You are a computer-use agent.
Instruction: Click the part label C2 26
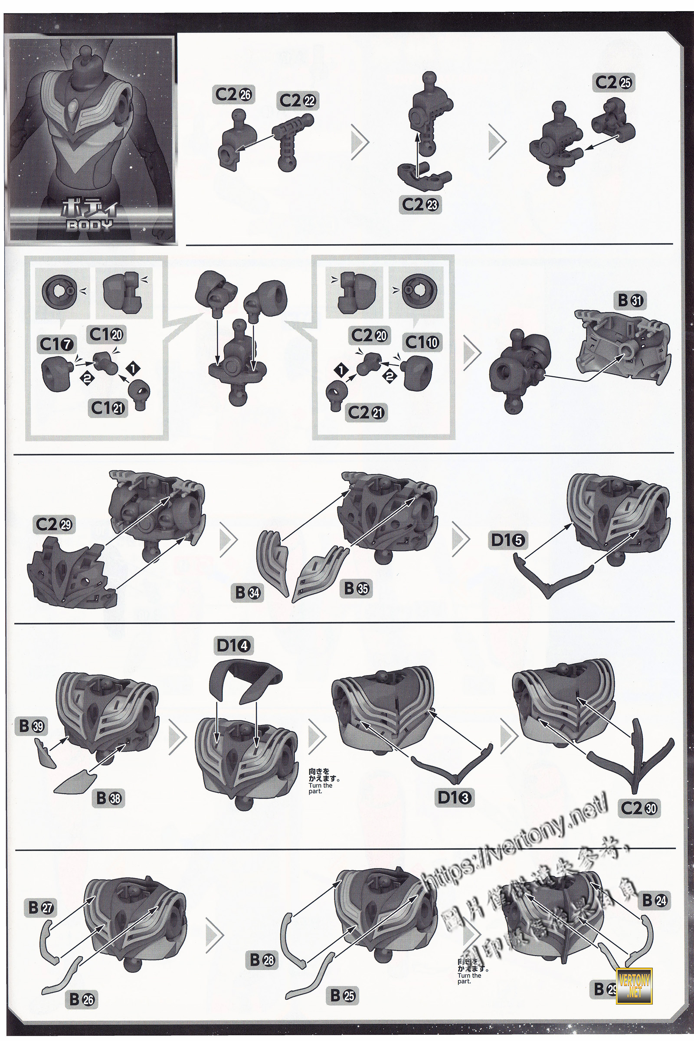pos(233,94)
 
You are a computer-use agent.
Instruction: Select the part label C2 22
pos(298,101)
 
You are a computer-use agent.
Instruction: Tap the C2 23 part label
pos(420,204)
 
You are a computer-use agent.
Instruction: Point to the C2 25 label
pos(613,82)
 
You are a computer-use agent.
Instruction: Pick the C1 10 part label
pos(422,342)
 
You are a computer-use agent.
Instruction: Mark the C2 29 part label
pos(54,524)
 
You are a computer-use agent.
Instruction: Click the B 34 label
pos(247,592)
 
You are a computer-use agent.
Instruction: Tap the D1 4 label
pos(233,646)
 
